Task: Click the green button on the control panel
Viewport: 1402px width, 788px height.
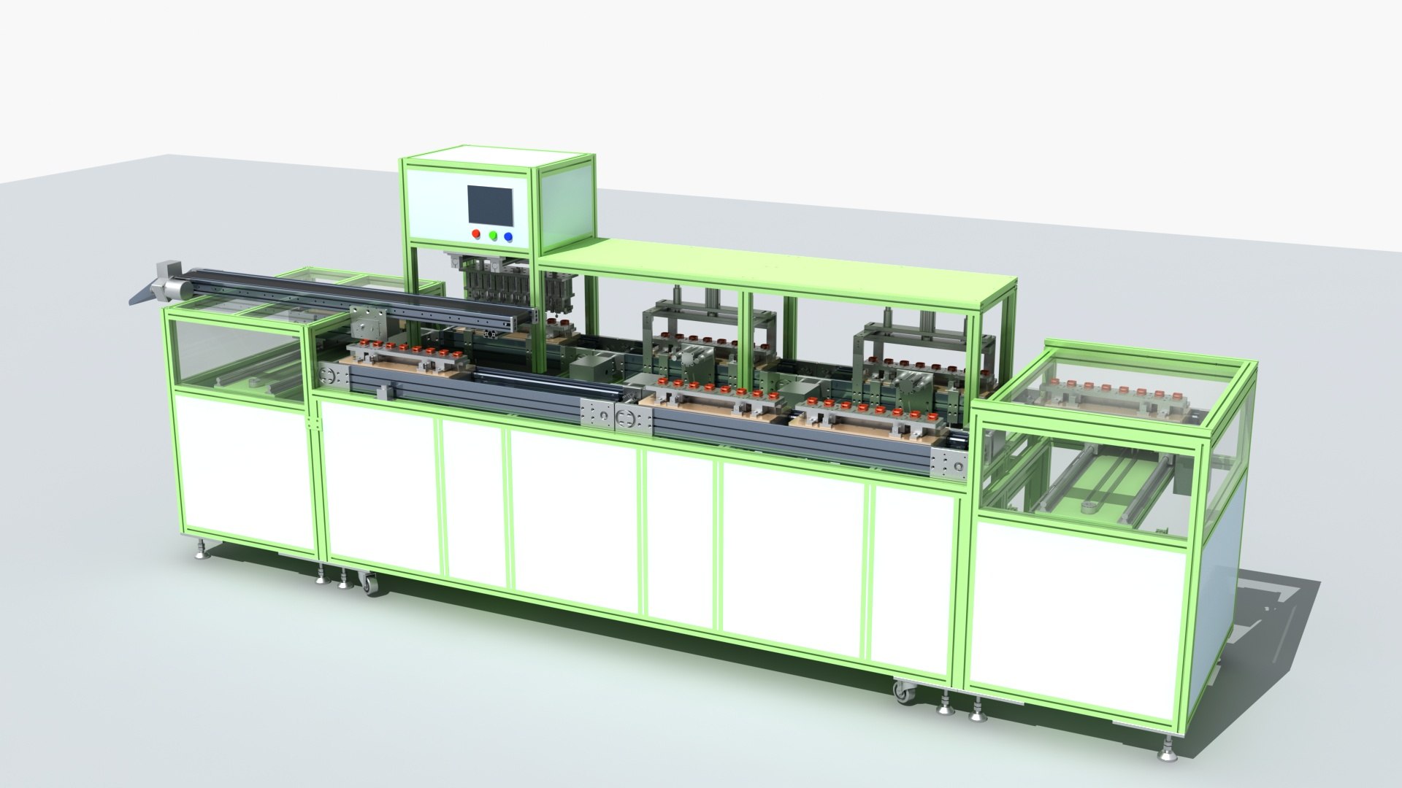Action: coord(493,236)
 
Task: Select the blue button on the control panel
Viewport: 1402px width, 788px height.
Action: coord(508,236)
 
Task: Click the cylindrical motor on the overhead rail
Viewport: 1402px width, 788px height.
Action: coord(172,287)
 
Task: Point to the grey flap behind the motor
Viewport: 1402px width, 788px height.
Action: coord(144,295)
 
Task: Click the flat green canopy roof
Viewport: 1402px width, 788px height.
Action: coord(774,274)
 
